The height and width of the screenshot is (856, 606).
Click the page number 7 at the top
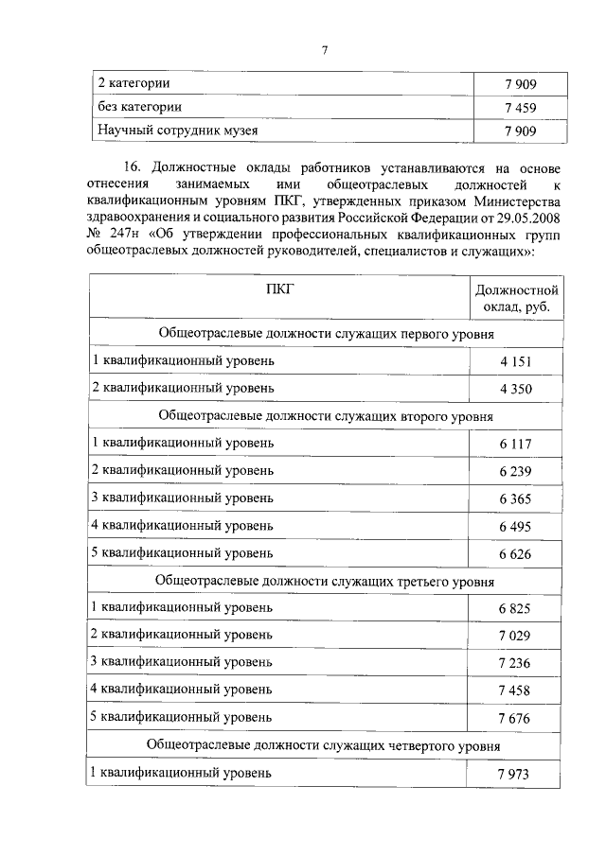[x=324, y=50]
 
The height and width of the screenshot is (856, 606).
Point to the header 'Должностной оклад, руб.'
[x=517, y=299]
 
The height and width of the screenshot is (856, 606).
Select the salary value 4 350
[x=516, y=389]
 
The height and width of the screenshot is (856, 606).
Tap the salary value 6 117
[x=516, y=445]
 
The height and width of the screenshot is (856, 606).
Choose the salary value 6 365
[x=516, y=499]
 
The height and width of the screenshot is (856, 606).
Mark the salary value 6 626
[x=516, y=553]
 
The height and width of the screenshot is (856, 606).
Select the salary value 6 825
[x=516, y=608]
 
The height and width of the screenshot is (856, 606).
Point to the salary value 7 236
[x=516, y=663]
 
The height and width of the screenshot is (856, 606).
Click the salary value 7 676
[x=516, y=718]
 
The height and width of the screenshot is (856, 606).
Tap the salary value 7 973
[x=516, y=775]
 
